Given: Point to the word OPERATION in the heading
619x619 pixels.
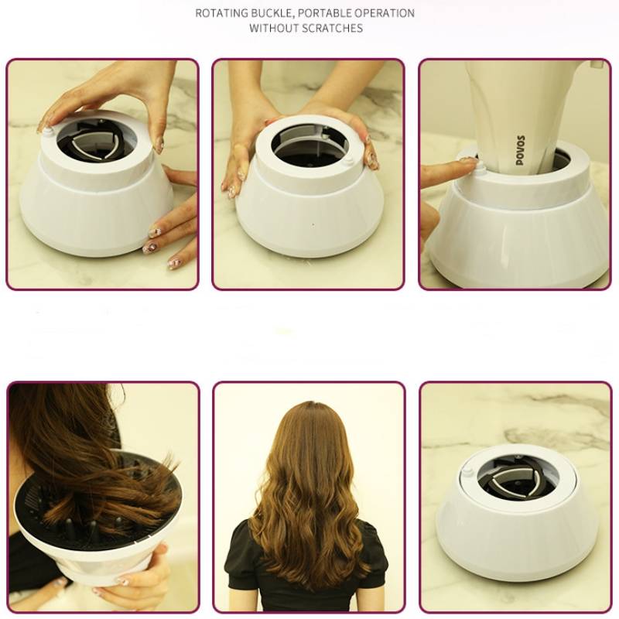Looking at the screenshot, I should (x=388, y=13).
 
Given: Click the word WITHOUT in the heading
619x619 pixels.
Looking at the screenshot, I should (x=273, y=29).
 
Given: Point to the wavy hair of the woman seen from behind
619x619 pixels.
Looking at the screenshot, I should (x=309, y=480).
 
